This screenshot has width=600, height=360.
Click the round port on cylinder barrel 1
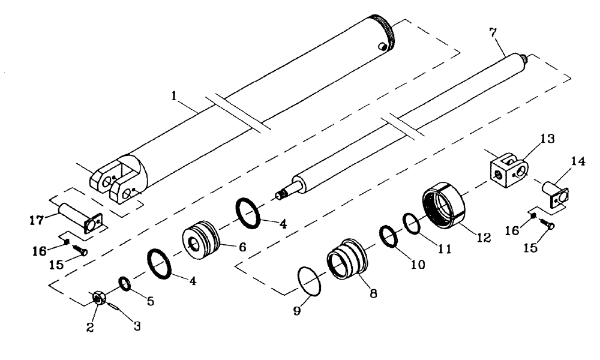tap(382, 46)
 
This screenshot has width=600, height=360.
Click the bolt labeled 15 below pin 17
tap(79, 251)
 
